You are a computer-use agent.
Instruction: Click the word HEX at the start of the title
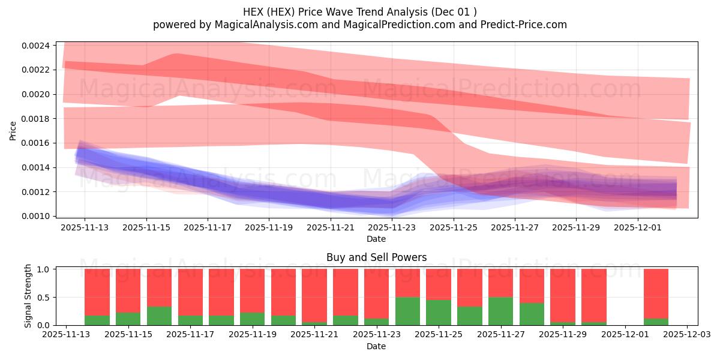click(253, 11)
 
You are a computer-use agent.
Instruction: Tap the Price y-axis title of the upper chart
click(13, 130)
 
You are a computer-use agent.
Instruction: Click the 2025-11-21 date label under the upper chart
click(330, 228)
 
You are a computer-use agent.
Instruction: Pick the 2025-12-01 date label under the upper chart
click(637, 228)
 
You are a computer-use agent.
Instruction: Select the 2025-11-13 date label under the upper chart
click(84, 228)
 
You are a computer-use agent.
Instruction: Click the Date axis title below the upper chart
click(376, 239)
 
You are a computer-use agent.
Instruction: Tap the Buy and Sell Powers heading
click(376, 257)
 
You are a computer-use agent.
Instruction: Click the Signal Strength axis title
click(28, 296)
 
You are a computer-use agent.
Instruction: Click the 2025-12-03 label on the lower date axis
click(687, 335)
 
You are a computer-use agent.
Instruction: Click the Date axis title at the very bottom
click(376, 346)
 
